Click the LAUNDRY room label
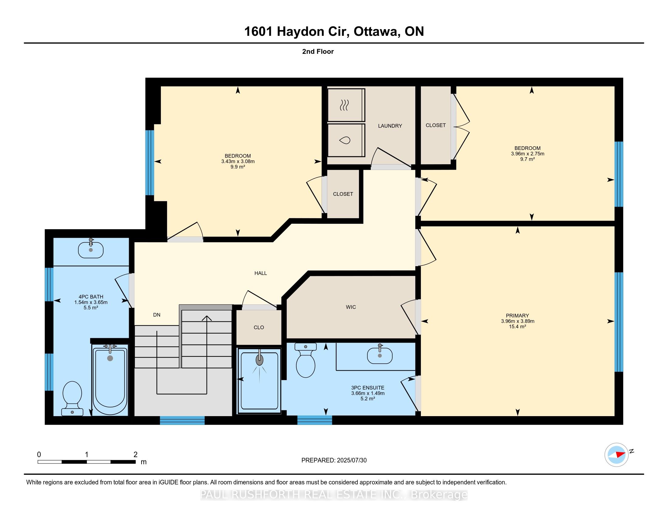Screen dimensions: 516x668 click(x=390, y=126)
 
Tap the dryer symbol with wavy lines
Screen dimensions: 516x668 click(x=345, y=105)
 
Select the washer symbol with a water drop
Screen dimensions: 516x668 click(x=345, y=140)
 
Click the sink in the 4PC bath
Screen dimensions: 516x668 click(x=90, y=250)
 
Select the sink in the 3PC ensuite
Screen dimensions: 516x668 click(x=380, y=355)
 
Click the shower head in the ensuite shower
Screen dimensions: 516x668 click(x=259, y=360)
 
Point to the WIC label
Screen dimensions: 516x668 click(x=351, y=307)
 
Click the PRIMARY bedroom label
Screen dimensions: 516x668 click(x=517, y=315)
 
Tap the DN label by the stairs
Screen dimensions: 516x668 click(x=157, y=314)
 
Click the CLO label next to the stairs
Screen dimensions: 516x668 click(x=259, y=328)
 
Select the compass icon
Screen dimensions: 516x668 click(x=616, y=455)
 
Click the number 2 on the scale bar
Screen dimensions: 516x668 click(x=135, y=455)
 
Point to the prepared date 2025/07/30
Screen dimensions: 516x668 click(x=351, y=460)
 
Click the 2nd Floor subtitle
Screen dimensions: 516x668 click(x=318, y=51)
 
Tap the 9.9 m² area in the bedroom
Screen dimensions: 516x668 click(x=238, y=167)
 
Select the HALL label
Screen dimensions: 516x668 click(x=261, y=273)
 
